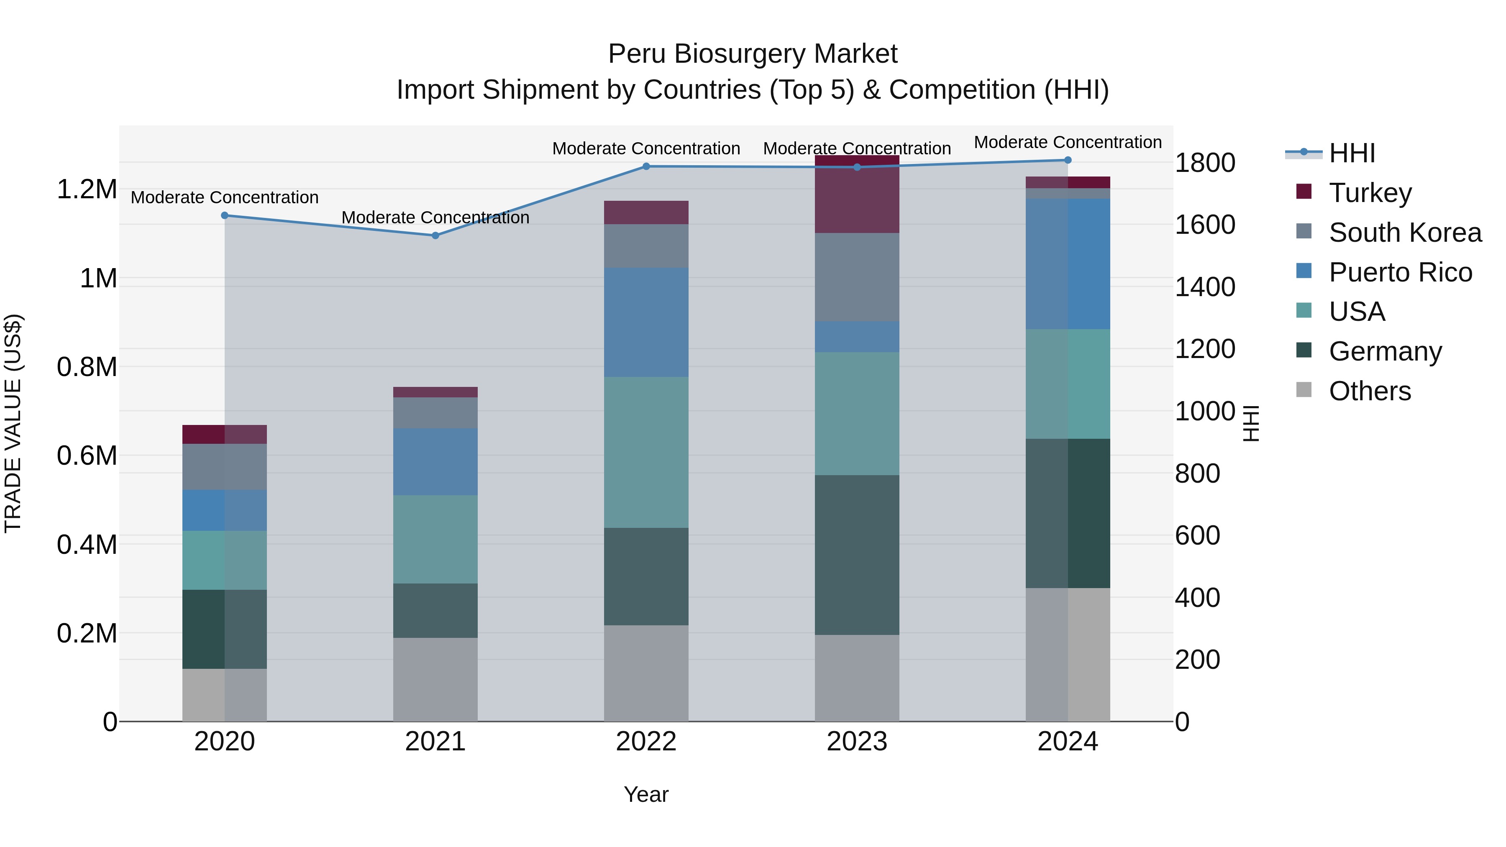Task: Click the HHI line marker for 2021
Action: [x=435, y=235]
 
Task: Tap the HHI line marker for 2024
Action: [x=1068, y=160]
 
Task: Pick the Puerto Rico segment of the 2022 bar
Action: [x=645, y=322]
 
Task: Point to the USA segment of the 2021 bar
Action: [x=435, y=539]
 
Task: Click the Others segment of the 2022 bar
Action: [x=645, y=673]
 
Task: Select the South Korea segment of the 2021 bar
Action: [x=435, y=413]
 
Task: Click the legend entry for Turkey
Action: [x=1370, y=192]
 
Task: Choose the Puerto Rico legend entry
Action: [x=1400, y=272]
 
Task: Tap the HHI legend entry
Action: [x=1351, y=153]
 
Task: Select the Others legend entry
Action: [x=1369, y=391]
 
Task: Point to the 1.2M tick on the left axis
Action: [x=87, y=189]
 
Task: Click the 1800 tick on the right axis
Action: [x=1204, y=163]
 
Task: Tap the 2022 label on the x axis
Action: [x=645, y=742]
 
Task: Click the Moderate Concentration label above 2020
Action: [x=225, y=197]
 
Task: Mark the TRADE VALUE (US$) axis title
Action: [x=13, y=423]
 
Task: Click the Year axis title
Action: [x=645, y=794]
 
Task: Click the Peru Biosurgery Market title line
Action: [x=753, y=54]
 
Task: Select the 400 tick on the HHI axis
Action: [x=1197, y=597]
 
